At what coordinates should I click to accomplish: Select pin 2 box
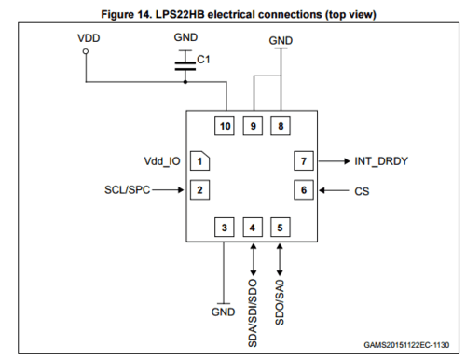[x=199, y=190]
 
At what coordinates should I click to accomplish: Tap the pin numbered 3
[x=224, y=227]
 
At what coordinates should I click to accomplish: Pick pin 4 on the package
[x=252, y=227]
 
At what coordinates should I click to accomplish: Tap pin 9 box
[x=252, y=125]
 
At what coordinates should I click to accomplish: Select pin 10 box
[x=224, y=125]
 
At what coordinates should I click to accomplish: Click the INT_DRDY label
[x=381, y=161]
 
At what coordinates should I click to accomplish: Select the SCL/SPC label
[x=128, y=190]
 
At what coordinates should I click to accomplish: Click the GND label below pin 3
[x=223, y=312]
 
